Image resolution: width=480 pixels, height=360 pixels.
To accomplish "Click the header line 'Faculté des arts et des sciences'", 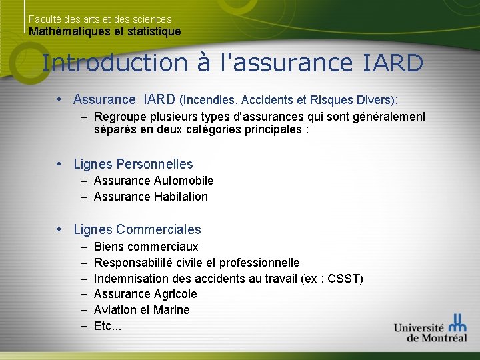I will (100, 20).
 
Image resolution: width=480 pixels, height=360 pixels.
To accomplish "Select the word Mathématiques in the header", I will (66, 31).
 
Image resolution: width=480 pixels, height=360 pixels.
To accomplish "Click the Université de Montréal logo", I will (430, 328).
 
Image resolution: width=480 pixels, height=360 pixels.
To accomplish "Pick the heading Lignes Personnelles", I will (133, 164).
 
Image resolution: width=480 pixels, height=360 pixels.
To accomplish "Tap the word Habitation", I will (181, 197).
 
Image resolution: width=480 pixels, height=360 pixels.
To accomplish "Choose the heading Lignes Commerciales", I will (137, 229).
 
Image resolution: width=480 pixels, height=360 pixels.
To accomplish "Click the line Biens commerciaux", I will (146, 247).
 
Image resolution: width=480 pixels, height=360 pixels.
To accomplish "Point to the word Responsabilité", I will (132, 263).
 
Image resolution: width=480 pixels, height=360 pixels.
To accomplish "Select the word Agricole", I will (175, 294).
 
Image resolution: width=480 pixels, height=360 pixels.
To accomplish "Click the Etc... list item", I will (107, 326).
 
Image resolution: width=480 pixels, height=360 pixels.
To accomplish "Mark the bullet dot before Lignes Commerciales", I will (59, 229).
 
